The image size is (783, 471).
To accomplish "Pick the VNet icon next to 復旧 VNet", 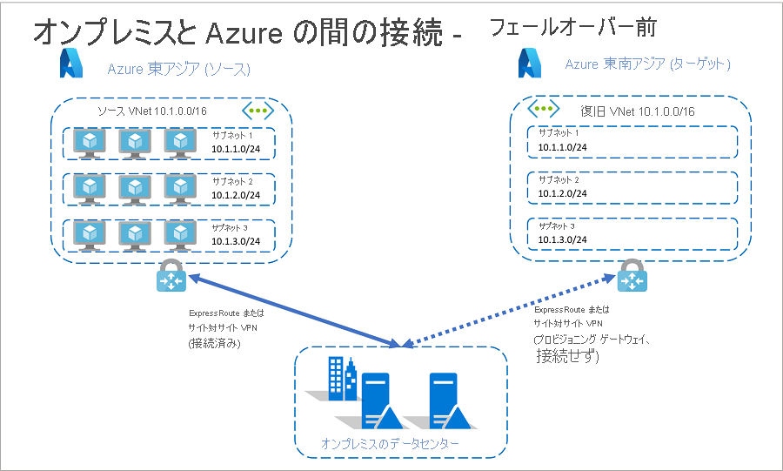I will click(545, 109).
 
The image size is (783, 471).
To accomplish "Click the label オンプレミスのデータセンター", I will click(390, 444).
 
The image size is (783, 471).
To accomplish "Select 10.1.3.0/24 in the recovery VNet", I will click(562, 239).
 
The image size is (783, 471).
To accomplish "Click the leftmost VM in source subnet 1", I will click(90, 142).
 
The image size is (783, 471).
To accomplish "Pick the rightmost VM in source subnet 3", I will click(180, 233).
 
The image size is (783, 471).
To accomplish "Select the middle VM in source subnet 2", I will click(135, 187).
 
